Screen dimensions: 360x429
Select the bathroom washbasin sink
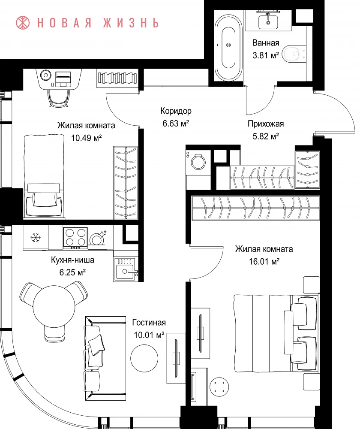(x=268, y=20)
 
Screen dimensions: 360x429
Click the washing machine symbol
(x=198, y=162)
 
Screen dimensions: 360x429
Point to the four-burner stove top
(x=75, y=237)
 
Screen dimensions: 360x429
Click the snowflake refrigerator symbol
(x=36, y=237)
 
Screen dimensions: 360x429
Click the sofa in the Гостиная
(x=105, y=359)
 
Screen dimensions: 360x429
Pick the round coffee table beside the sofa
(x=144, y=358)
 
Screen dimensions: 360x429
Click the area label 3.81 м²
(x=265, y=55)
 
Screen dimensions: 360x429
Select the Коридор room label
(x=176, y=111)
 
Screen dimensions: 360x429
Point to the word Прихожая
(x=265, y=124)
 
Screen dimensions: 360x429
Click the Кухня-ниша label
(x=72, y=260)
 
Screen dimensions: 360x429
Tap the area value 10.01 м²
(x=149, y=335)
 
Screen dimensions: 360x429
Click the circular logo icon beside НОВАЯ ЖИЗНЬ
(x=23, y=23)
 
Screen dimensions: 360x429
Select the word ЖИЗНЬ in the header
(x=131, y=23)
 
